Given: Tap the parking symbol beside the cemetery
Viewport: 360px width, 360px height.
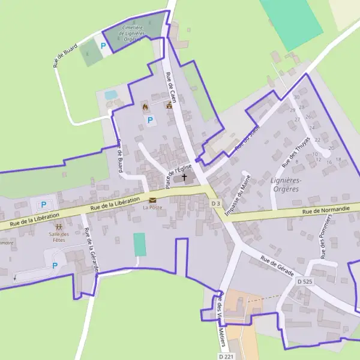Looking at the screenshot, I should pyautogui.click(x=103, y=46).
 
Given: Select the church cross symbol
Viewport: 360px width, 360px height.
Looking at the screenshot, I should pyautogui.click(x=184, y=178).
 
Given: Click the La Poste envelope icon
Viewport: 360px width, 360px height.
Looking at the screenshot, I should pyautogui.click(x=152, y=200).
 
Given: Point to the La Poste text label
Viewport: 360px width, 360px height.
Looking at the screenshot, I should pyautogui.click(x=152, y=208).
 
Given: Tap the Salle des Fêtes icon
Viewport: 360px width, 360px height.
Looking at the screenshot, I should pyautogui.click(x=59, y=227).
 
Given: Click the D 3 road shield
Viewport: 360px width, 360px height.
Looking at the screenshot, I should pyautogui.click(x=216, y=204).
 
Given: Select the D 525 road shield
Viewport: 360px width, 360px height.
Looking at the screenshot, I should pyautogui.click(x=305, y=281).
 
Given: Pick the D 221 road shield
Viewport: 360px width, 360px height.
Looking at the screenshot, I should pyautogui.click(x=226, y=356).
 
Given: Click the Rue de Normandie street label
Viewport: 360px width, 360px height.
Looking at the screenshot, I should pyautogui.click(x=324, y=211).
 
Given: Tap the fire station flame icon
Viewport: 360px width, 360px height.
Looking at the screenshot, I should pyautogui.click(x=145, y=106).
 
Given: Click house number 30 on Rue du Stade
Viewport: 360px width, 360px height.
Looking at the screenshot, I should pyautogui.click(x=296, y=97).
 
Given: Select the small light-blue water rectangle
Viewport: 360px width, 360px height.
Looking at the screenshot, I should pyautogui.click(x=111, y=95).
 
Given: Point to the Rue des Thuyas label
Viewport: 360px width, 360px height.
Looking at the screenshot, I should pyautogui.click(x=295, y=151).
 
